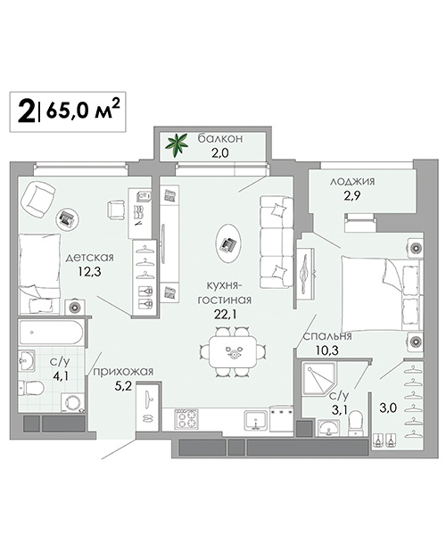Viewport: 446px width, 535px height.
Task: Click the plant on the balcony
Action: pyautogui.click(x=177, y=145)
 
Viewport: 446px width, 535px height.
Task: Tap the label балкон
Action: pyautogui.click(x=220, y=138)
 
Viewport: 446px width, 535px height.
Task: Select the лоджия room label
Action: pyautogui.click(x=352, y=181)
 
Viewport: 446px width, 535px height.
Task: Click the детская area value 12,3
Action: pyautogui.click(x=89, y=272)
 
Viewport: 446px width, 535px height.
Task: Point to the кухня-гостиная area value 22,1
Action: pyautogui.click(x=225, y=315)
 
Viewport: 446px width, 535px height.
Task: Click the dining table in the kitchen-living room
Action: pyautogui.click(x=233, y=352)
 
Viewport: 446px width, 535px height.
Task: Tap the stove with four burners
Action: pyautogui.click(x=186, y=419)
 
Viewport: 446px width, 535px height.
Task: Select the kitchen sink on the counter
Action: pyautogui.click(x=256, y=420)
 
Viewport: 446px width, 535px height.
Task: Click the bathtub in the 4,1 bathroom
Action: pyautogui.click(x=51, y=333)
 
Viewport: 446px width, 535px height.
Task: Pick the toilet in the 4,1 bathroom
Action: pyautogui.click(x=30, y=388)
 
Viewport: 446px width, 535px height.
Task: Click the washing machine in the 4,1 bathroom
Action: pyautogui.click(x=73, y=403)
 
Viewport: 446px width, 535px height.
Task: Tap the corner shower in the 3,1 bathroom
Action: pyautogui.click(x=319, y=379)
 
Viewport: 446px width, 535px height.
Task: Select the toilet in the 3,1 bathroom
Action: pyautogui.click(x=356, y=424)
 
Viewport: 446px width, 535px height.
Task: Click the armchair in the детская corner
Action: pyautogui.click(x=37, y=199)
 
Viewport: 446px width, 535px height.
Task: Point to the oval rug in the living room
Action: pyautogui.click(x=229, y=243)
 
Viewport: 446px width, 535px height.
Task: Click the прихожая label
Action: pyautogui.click(x=123, y=371)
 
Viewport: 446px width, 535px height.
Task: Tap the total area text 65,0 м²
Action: pyautogui.click(x=83, y=110)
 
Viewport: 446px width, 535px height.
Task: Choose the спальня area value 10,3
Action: pyautogui.click(x=326, y=350)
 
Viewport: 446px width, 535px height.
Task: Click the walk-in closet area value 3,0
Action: pyautogui.click(x=388, y=407)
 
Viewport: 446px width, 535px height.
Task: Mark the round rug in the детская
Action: pyautogui.click(x=67, y=218)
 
